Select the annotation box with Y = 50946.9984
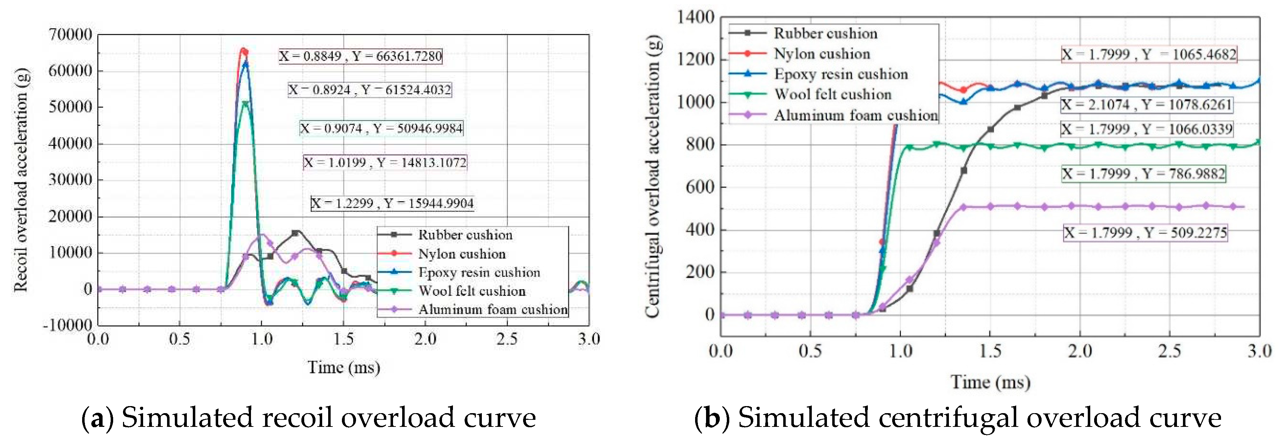point(381,129)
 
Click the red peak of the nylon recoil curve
point(243,50)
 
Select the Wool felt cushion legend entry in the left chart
point(471,291)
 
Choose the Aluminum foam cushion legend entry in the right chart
point(855,116)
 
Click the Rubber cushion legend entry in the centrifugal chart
point(825,33)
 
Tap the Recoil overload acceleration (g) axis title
point(20,180)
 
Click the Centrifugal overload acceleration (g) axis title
point(652,176)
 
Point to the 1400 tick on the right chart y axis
point(695,17)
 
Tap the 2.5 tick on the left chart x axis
point(507,340)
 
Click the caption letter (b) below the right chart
point(712,418)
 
